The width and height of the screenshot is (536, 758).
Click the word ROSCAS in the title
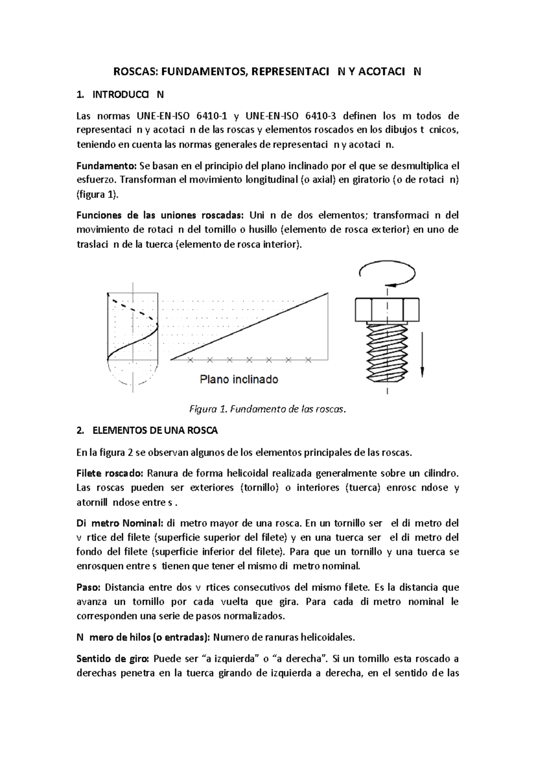pyautogui.click(x=135, y=72)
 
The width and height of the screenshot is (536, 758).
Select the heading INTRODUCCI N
pyautogui.click(x=127, y=95)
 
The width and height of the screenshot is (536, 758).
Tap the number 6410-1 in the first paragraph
pyautogui.click(x=211, y=116)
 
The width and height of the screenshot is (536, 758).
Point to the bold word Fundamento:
pyautogui.click(x=106, y=166)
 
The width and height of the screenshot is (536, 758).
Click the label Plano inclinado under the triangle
pyautogui.click(x=239, y=379)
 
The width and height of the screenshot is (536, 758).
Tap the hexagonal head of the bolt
pyautogui.click(x=387, y=309)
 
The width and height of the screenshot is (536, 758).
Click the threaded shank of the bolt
pyautogui.click(x=387, y=349)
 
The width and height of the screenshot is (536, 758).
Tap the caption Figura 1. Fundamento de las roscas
pyautogui.click(x=268, y=409)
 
